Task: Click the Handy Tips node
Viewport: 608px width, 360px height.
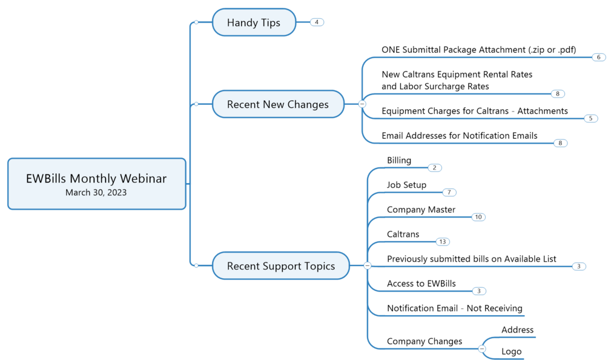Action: click(x=254, y=22)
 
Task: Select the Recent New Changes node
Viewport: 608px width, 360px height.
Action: click(x=278, y=104)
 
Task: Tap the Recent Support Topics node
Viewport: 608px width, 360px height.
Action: click(x=281, y=265)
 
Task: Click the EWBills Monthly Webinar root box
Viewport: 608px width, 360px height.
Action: click(x=96, y=184)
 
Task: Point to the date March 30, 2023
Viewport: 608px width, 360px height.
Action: click(x=96, y=192)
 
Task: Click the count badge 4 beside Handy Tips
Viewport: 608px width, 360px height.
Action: click(x=317, y=22)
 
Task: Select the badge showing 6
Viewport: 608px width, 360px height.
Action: click(x=599, y=57)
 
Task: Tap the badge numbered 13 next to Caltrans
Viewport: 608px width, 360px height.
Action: click(x=443, y=242)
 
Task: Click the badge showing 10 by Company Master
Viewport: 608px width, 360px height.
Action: click(x=478, y=217)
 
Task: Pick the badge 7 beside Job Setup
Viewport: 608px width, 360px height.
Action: click(x=449, y=192)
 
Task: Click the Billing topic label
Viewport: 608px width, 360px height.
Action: click(x=399, y=160)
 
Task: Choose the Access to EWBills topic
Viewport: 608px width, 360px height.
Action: click(x=421, y=284)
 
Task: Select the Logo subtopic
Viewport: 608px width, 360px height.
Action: click(x=512, y=352)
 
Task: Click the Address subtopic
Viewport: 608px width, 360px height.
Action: click(x=517, y=330)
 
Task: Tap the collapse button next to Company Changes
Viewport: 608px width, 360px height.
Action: click(x=481, y=348)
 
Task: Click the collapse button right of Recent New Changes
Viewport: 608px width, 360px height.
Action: click(x=362, y=104)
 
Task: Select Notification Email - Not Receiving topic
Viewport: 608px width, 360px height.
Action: click(x=454, y=308)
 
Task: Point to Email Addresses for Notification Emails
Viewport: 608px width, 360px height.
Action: click(x=460, y=136)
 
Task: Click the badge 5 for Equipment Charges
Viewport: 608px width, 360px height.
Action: click(x=590, y=118)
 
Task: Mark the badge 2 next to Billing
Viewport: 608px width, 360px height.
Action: click(x=435, y=168)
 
